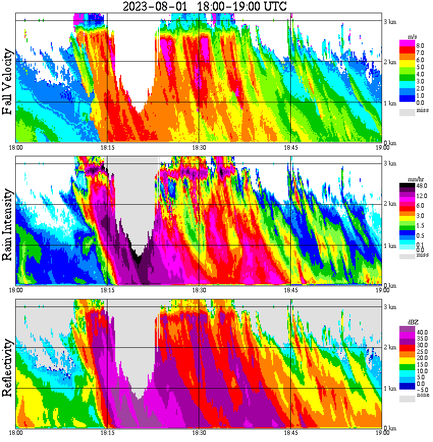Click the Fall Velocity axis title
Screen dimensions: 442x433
8,82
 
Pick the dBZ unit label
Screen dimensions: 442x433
413,322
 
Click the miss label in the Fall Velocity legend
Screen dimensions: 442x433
422,110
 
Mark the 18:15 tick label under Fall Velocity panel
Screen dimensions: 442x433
107,147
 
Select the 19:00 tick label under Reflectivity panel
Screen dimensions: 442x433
383,433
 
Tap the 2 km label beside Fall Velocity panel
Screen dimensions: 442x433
390,62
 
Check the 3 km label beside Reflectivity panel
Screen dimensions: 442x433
390,307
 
